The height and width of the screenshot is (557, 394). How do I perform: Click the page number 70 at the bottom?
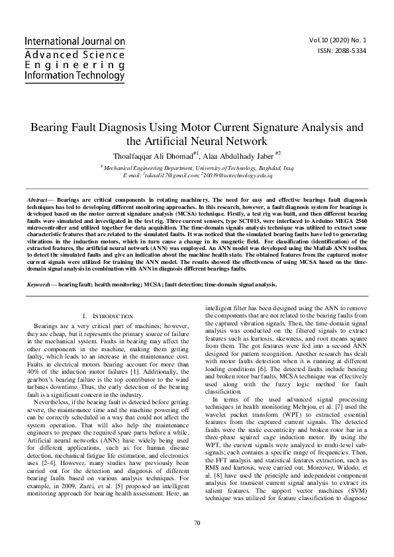[197, 523]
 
